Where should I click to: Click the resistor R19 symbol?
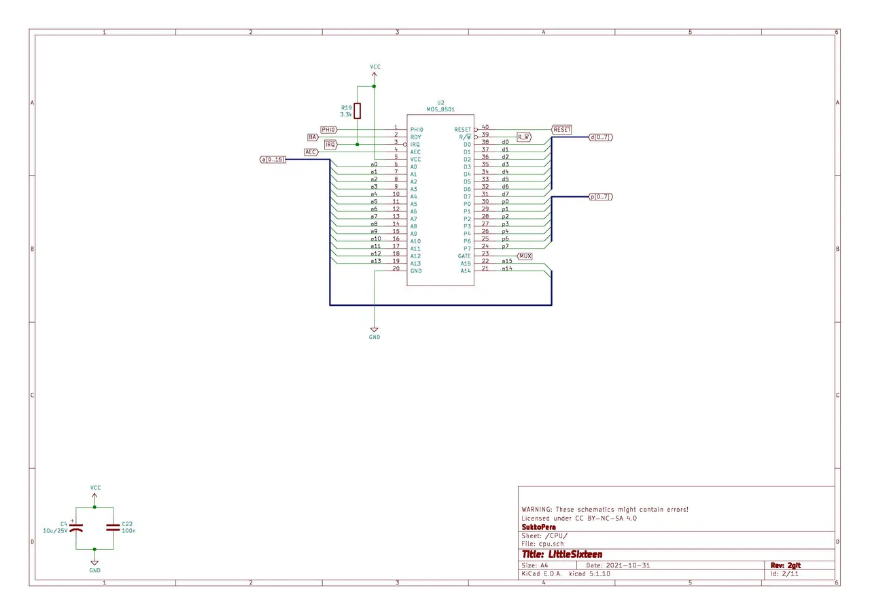pos(358,111)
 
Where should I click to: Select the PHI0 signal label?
pos(329,130)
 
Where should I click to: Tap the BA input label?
pos(313,137)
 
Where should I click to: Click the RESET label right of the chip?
pos(561,130)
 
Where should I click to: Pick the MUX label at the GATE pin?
pos(525,256)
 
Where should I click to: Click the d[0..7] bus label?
pos(601,137)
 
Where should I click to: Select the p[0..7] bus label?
pos(601,196)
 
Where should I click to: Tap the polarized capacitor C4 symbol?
pos(76,527)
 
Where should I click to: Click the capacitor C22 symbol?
pos(113,527)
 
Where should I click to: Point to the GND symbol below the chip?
pos(375,331)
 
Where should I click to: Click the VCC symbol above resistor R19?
pos(375,69)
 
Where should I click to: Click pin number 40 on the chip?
pos(485,127)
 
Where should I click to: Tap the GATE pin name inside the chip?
pos(464,256)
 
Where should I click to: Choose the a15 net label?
pos(507,261)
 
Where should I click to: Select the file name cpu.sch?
pos(551,544)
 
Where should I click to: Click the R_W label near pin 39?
pos(524,137)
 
